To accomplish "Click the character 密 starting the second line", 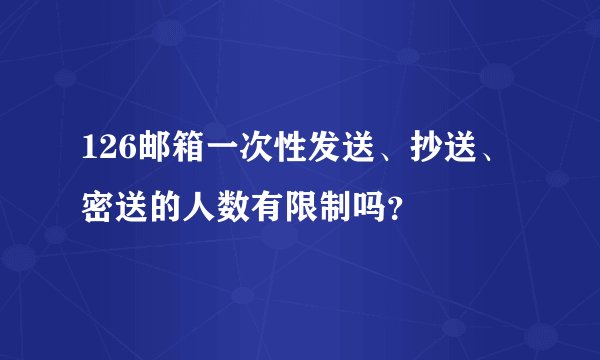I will click(x=98, y=207).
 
